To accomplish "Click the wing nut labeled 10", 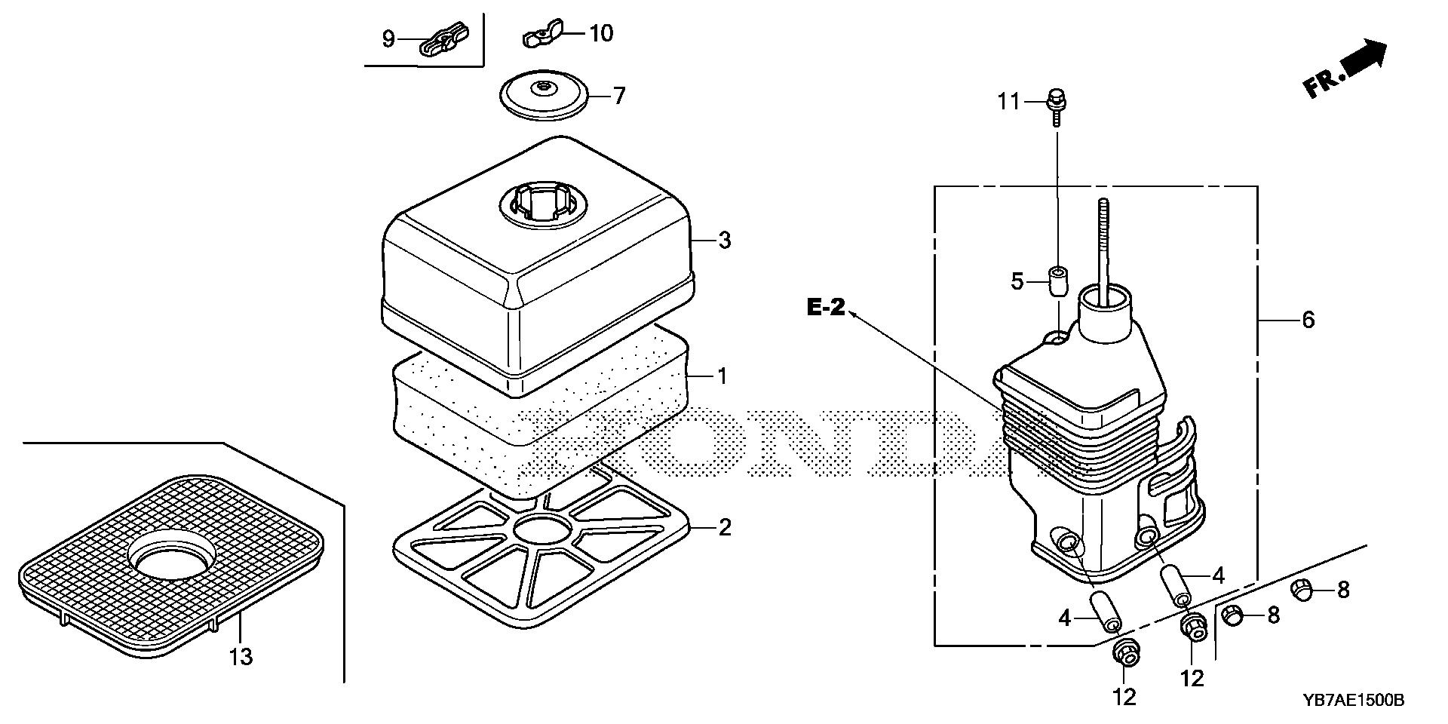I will [x=536, y=37].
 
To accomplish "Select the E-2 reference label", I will [x=826, y=308].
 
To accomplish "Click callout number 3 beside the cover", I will [x=724, y=241].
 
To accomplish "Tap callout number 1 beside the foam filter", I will [x=722, y=375].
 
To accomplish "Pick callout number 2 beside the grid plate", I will [x=724, y=527].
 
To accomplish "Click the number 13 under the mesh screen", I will [x=241, y=657].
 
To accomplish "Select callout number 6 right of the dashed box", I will [x=1308, y=320].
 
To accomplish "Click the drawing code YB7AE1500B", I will [x=1353, y=701].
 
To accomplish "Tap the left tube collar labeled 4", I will [x=1103, y=611].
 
